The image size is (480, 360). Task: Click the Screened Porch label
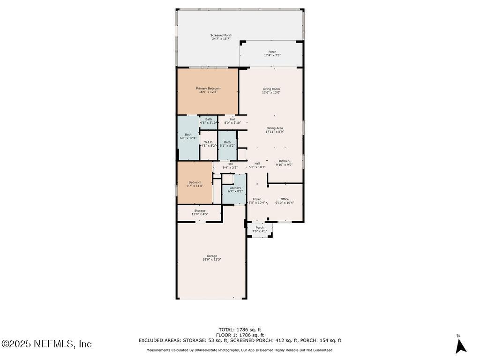click(221, 35)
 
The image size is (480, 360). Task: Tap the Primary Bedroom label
click(208, 88)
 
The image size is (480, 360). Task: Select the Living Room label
click(271, 89)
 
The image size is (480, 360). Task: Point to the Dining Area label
click(275, 128)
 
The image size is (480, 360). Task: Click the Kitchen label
click(284, 161)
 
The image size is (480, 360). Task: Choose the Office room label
click(285, 199)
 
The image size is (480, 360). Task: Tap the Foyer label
click(257, 199)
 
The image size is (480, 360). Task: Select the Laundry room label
click(235, 187)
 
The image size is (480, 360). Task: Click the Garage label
click(212, 255)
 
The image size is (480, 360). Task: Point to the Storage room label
click(200, 210)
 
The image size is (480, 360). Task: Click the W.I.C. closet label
click(209, 142)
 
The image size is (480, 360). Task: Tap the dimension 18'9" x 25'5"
click(212, 259)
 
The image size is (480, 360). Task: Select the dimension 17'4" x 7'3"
click(272, 55)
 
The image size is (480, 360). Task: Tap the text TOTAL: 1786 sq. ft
click(240, 330)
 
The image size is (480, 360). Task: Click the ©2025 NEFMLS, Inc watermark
click(46, 344)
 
